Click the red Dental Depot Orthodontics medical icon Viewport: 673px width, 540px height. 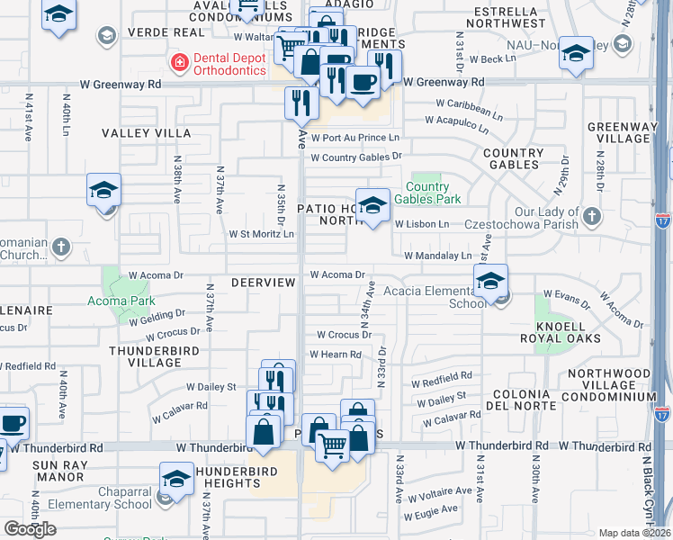coord(179,62)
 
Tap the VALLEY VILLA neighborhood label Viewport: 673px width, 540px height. coord(134,132)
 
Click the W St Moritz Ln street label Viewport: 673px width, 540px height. coord(261,234)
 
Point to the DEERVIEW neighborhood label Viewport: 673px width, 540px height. coord(263,283)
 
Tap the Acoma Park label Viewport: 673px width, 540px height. coord(121,301)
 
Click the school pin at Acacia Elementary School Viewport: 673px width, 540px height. coord(490,282)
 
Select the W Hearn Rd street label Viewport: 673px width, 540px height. coord(335,355)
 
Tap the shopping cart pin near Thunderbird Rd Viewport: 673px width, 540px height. coord(332,445)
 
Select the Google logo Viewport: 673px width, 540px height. coord(30,528)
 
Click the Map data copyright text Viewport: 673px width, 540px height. coord(634,533)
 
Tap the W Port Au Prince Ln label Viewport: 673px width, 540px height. coord(354,137)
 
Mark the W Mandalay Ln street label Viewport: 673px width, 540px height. coord(438,256)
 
